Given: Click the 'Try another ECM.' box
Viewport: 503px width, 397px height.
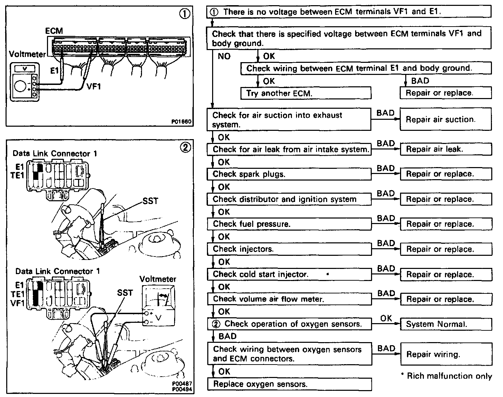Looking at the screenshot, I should point(306,93).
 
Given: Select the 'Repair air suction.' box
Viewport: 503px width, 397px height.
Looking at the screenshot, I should point(446,119).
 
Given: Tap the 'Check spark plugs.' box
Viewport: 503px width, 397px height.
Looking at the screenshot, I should point(289,174).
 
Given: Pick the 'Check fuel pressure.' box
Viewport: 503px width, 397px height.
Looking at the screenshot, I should point(289,224).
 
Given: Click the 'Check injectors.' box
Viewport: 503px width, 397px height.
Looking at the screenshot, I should point(289,249).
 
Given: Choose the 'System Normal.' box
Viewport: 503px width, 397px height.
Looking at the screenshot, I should point(446,324).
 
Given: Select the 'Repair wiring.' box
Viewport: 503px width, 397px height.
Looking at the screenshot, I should point(446,354).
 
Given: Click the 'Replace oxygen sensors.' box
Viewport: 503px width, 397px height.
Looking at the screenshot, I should point(289,384).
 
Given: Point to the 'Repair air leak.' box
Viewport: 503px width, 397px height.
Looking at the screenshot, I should point(446,149).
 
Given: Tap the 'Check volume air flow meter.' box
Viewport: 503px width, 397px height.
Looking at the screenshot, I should point(289,299).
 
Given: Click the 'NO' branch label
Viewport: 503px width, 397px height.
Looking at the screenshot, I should point(224,56).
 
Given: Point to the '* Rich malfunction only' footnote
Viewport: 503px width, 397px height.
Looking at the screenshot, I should point(446,376).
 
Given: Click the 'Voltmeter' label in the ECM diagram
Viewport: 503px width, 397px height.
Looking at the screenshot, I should point(27,54).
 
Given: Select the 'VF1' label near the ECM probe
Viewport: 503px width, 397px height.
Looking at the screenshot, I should point(94,86).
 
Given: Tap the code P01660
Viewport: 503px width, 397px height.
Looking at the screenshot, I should point(181,122).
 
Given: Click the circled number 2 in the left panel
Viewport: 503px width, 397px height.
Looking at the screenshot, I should point(185,147).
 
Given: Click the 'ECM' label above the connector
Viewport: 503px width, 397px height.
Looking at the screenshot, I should point(54,31).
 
